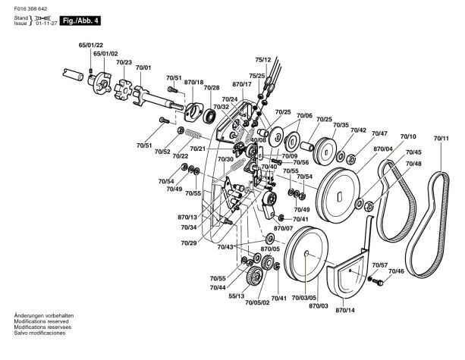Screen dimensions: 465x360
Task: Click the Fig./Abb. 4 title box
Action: coord(80,20)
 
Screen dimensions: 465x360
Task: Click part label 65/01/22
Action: coord(91,45)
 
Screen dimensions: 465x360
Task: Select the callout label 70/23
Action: coord(124,62)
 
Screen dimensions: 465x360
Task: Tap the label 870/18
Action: coord(194,82)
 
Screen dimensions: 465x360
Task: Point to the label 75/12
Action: coord(263,60)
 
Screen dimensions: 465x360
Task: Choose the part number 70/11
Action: coord(441,139)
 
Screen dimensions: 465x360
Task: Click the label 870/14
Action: coord(345,310)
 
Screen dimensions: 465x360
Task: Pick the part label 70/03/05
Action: coord(304,298)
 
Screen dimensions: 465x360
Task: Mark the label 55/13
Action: coord(237,296)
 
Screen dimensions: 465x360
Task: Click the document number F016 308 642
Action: coord(30,9)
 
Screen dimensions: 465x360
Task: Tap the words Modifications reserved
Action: coord(41,321)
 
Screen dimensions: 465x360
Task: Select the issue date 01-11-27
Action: coord(46,23)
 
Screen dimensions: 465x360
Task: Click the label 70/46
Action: coord(396,271)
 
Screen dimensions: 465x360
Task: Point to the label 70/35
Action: coord(341,125)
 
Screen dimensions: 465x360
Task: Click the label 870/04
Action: coord(383,149)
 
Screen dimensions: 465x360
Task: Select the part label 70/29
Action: coord(189,243)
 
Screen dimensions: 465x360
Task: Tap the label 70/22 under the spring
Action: coord(181,155)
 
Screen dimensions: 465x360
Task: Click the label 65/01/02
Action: coord(105,54)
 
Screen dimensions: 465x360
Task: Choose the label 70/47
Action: coord(379,133)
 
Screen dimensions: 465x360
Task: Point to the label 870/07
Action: coord(283,228)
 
